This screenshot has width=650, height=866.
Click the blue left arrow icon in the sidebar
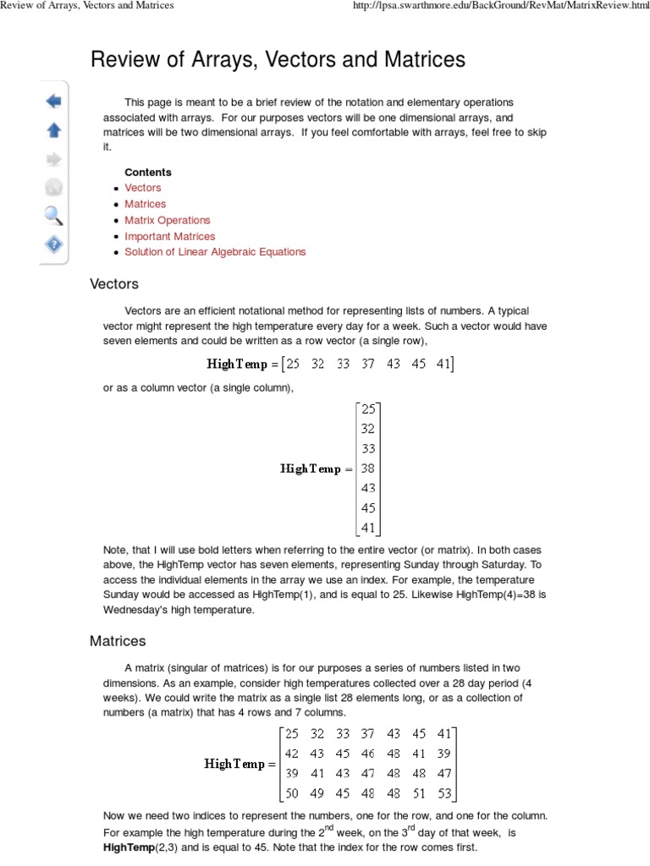coord(53,101)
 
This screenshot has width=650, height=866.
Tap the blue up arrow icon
coord(53,129)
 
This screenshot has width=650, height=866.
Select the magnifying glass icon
coord(53,215)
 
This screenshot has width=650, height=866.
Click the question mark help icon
coord(53,244)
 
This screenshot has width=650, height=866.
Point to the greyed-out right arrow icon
coord(53,158)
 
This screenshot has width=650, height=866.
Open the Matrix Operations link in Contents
coord(167,220)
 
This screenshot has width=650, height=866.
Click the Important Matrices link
coord(169,236)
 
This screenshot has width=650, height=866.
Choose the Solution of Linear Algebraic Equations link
coord(215,252)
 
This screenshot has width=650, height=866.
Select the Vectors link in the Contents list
coord(142,188)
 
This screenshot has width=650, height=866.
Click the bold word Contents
coord(147,172)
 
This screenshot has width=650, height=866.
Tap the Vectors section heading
coord(114,284)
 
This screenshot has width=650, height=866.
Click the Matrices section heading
coord(118,641)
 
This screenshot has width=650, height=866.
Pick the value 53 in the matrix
coord(445,793)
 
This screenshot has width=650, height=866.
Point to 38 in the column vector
coord(368,468)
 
